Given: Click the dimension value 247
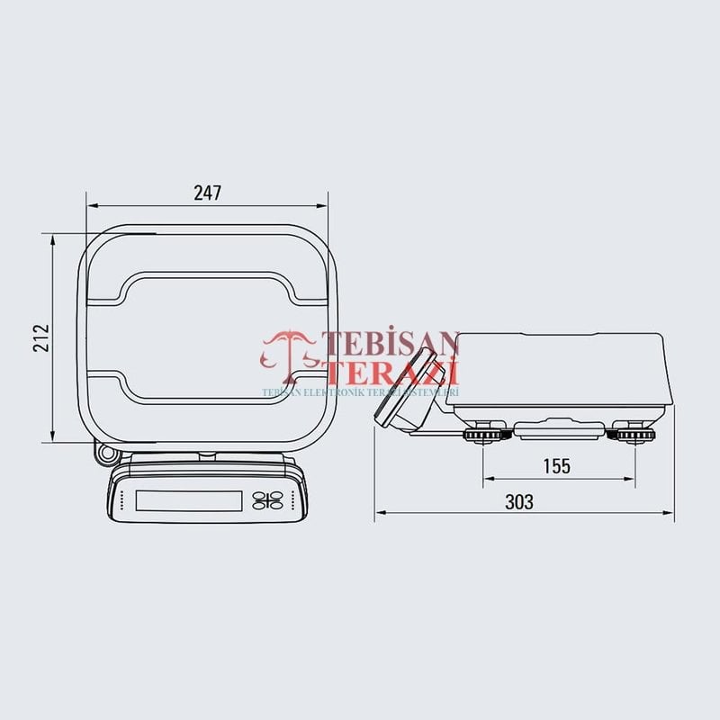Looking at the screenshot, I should [x=207, y=192].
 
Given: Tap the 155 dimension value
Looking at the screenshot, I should [x=557, y=465].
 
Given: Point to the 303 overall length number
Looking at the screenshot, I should [x=518, y=502].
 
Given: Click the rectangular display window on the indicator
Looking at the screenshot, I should [x=188, y=500].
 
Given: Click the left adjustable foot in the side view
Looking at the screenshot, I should [x=484, y=436].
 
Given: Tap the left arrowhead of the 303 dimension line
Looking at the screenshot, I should [x=378, y=513].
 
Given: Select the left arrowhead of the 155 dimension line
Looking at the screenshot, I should [x=487, y=478].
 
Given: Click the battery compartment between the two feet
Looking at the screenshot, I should [x=558, y=431].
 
